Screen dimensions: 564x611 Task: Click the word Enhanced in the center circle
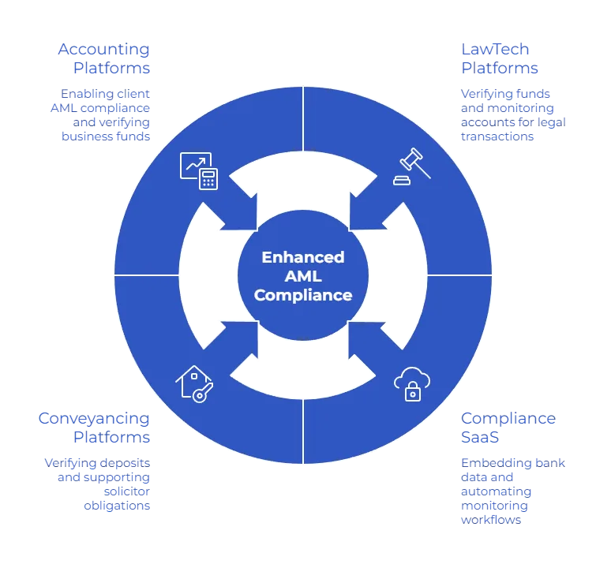(303, 258)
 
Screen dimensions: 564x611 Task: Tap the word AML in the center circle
(303, 277)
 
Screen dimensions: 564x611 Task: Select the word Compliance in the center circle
(303, 296)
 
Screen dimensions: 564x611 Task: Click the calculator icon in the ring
(208, 178)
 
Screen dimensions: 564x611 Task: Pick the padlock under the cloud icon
(412, 392)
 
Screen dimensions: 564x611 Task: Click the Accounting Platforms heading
(103, 59)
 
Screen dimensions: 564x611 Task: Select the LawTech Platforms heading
(500, 59)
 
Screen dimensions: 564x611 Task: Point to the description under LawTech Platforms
(512, 114)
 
